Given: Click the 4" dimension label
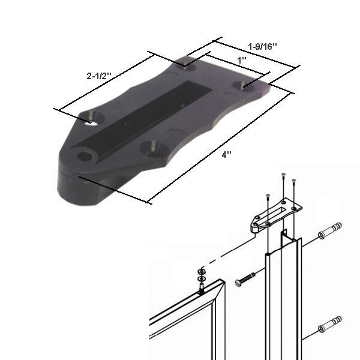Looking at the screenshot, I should point(226,154).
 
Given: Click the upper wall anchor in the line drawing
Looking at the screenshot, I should point(329,230).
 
